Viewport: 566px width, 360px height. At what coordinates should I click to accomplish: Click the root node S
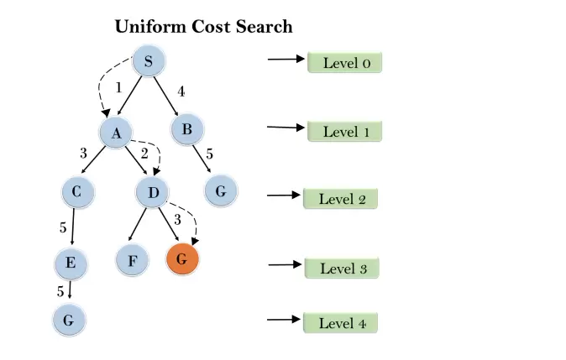[x=149, y=60]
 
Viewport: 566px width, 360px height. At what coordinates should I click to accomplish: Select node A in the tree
[x=116, y=132]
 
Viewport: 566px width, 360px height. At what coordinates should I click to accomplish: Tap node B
[x=187, y=129]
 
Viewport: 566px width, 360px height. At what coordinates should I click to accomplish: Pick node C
[x=76, y=192]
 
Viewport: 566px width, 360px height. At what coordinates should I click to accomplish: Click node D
[x=152, y=192]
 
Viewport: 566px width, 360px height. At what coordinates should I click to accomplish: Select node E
[x=71, y=264]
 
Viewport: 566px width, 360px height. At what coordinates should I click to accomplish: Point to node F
[x=133, y=260]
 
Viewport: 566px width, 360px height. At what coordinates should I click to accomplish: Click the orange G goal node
[x=182, y=259]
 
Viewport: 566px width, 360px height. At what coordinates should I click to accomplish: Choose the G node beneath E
[x=69, y=321]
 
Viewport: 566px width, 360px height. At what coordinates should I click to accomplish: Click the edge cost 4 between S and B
[x=181, y=91]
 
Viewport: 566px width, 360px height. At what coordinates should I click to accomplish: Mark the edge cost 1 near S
[x=118, y=87]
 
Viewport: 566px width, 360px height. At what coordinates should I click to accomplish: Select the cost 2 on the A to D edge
[x=144, y=153]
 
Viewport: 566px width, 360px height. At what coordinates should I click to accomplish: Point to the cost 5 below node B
[x=209, y=154]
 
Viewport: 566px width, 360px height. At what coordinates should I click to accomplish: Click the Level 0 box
[x=344, y=62]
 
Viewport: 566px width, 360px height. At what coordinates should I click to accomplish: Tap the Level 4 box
[x=341, y=323]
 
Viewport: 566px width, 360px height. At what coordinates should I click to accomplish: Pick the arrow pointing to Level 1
[x=284, y=128]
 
